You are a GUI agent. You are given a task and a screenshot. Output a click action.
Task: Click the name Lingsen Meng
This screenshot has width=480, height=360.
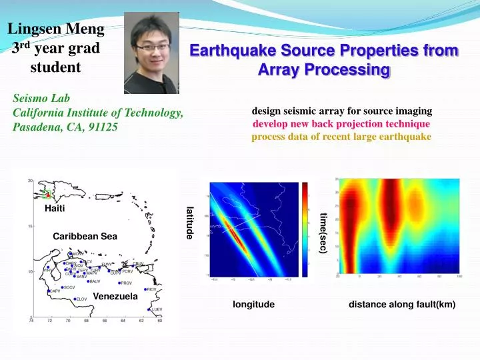click(56, 28)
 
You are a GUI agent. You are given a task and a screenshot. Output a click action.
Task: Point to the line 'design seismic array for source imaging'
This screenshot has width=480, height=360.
click(341, 111)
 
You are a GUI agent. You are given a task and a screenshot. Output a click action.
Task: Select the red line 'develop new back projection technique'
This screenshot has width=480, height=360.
click(341, 124)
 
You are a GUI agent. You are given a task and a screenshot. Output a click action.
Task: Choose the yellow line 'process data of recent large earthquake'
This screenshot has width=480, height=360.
click(341, 137)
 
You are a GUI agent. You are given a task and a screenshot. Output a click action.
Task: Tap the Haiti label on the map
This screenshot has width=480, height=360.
click(55, 209)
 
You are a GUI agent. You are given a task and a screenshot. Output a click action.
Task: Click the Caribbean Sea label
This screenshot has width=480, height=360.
click(85, 237)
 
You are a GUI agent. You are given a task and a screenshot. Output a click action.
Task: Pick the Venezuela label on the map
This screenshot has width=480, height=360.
click(115, 296)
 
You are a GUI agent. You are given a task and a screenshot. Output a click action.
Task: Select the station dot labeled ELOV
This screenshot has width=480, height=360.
click(75, 299)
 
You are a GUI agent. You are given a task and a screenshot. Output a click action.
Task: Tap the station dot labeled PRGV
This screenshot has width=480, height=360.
click(119, 283)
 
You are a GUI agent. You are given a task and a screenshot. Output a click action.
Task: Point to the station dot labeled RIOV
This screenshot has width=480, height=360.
click(145, 289)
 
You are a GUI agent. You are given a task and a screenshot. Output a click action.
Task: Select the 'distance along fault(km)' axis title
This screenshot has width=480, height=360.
click(401, 305)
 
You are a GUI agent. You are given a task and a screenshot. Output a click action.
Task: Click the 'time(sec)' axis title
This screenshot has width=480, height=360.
click(323, 233)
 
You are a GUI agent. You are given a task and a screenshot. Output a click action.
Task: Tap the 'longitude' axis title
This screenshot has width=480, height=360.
click(253, 305)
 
